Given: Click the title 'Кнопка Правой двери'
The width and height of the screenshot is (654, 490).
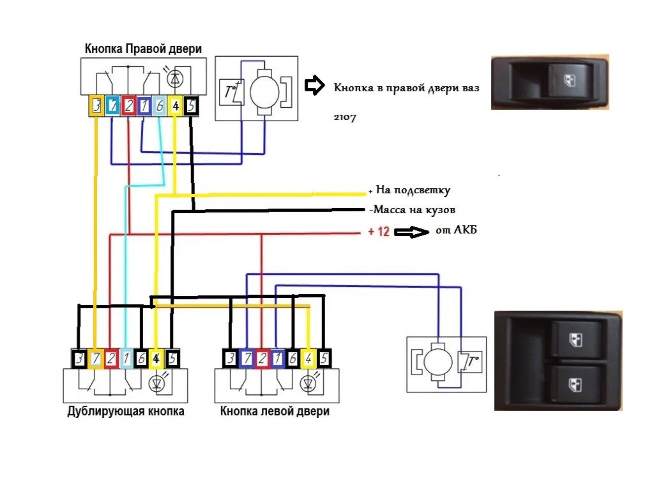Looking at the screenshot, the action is tap(143, 48).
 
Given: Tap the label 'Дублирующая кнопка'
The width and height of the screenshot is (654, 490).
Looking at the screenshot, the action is tap(126, 412).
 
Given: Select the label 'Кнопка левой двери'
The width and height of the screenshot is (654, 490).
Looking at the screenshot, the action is tap(275, 412).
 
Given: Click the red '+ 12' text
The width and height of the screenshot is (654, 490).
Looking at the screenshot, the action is tap(379, 231).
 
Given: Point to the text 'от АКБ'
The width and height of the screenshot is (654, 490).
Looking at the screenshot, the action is tap(456, 230).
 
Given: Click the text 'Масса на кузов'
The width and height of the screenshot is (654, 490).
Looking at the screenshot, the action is tap(414, 209).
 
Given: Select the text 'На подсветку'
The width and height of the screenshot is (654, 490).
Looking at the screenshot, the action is tap(413, 190).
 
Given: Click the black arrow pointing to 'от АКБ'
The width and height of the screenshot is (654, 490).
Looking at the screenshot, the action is tap(411, 232).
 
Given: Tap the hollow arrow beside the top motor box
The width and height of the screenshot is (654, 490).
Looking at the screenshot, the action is tap(314, 85).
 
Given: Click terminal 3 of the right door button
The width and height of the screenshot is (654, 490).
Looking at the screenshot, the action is tap(96, 106).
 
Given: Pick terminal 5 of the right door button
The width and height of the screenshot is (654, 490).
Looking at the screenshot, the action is tap(191, 106).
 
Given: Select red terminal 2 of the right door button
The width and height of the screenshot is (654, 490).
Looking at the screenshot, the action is tap(128, 106).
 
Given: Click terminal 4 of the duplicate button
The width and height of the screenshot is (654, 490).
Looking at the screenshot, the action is tap(156, 359).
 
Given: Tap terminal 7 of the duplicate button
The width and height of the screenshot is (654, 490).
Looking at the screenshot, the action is tap(96, 359).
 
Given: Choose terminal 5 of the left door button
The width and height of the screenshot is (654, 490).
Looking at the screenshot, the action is tap(324, 359).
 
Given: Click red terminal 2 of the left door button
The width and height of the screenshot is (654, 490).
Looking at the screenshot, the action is tap(262, 359).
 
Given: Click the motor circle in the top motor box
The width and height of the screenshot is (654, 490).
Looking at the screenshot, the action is tap(264, 92).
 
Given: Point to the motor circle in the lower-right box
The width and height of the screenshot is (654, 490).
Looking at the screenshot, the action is tap(438, 362).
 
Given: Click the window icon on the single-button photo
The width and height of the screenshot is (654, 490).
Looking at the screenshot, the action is tap(569, 80).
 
